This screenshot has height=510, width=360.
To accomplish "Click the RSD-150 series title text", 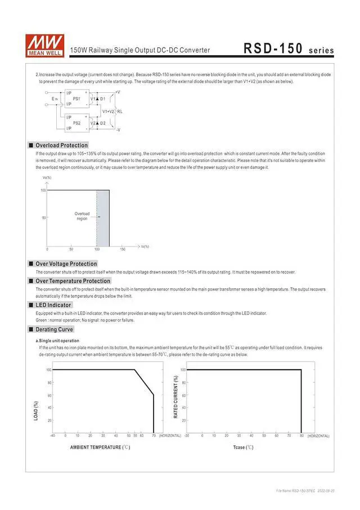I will (289, 49).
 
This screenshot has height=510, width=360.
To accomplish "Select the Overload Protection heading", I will (62, 145).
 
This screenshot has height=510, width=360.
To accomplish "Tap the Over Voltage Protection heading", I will (66, 263).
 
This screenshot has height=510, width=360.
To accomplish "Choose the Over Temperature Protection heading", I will (73, 281).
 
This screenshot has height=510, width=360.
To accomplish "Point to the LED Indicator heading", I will (53, 305).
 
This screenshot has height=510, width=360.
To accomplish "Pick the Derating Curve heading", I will (55, 329).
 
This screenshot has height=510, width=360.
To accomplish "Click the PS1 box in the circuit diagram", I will (76, 99).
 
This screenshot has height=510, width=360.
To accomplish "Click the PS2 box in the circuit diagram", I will (76, 123).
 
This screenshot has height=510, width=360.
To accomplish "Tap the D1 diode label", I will (103, 99).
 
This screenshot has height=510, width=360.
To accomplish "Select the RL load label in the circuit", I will (120, 111).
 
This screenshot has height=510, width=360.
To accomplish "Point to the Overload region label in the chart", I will (82, 216).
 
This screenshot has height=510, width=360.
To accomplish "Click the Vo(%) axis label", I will (47, 178).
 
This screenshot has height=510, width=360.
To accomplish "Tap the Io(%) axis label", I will (145, 247).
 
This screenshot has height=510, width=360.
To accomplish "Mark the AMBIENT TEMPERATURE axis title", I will (100, 448).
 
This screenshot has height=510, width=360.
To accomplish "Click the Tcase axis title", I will (243, 448).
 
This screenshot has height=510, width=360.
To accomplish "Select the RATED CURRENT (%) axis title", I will (176, 397).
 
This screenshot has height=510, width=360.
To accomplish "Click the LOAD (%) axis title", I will (37, 410).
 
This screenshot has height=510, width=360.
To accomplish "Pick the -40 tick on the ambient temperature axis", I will (52, 436).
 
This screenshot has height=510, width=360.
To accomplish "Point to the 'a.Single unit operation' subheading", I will (57, 341).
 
